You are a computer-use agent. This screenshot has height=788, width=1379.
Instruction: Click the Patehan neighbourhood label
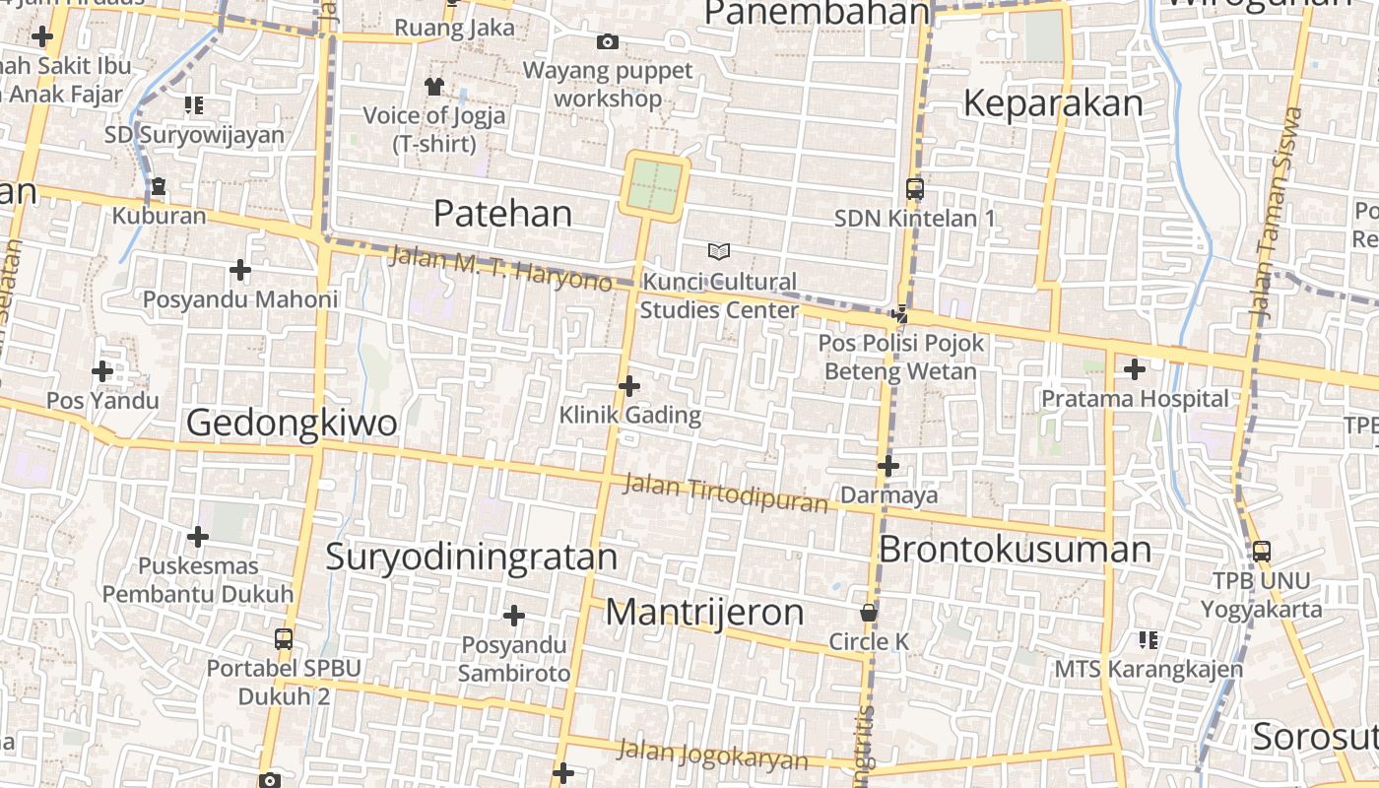(502, 213)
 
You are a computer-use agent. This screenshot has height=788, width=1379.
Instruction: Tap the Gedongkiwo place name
(292, 423)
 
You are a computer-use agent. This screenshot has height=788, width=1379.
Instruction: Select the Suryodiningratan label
(471, 557)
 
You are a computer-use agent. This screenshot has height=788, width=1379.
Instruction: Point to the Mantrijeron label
(704, 612)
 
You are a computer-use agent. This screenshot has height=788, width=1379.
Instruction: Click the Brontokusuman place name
(1015, 549)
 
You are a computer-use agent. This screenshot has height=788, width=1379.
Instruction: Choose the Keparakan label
(1053, 103)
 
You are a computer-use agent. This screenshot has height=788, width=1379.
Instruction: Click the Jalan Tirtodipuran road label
(726, 493)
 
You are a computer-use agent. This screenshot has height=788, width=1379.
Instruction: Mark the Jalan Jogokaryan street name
(712, 754)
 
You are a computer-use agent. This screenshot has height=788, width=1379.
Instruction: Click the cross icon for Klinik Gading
(629, 385)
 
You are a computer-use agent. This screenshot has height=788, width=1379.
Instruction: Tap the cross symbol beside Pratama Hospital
(1135, 369)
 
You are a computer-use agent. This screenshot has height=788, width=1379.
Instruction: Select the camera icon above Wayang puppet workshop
(608, 41)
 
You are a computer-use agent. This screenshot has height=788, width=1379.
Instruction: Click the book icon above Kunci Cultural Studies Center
(719, 252)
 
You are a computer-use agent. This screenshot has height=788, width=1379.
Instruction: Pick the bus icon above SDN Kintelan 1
(915, 188)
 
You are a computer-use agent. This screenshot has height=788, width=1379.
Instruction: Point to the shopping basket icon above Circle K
(868, 613)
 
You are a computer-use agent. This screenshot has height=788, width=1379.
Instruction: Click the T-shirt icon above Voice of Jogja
(434, 86)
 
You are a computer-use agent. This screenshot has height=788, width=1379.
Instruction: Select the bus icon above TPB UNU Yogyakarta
(1262, 552)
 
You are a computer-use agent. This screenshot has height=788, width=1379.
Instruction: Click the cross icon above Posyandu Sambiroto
(513, 616)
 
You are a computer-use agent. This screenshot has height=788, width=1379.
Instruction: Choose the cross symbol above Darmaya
(888, 465)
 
